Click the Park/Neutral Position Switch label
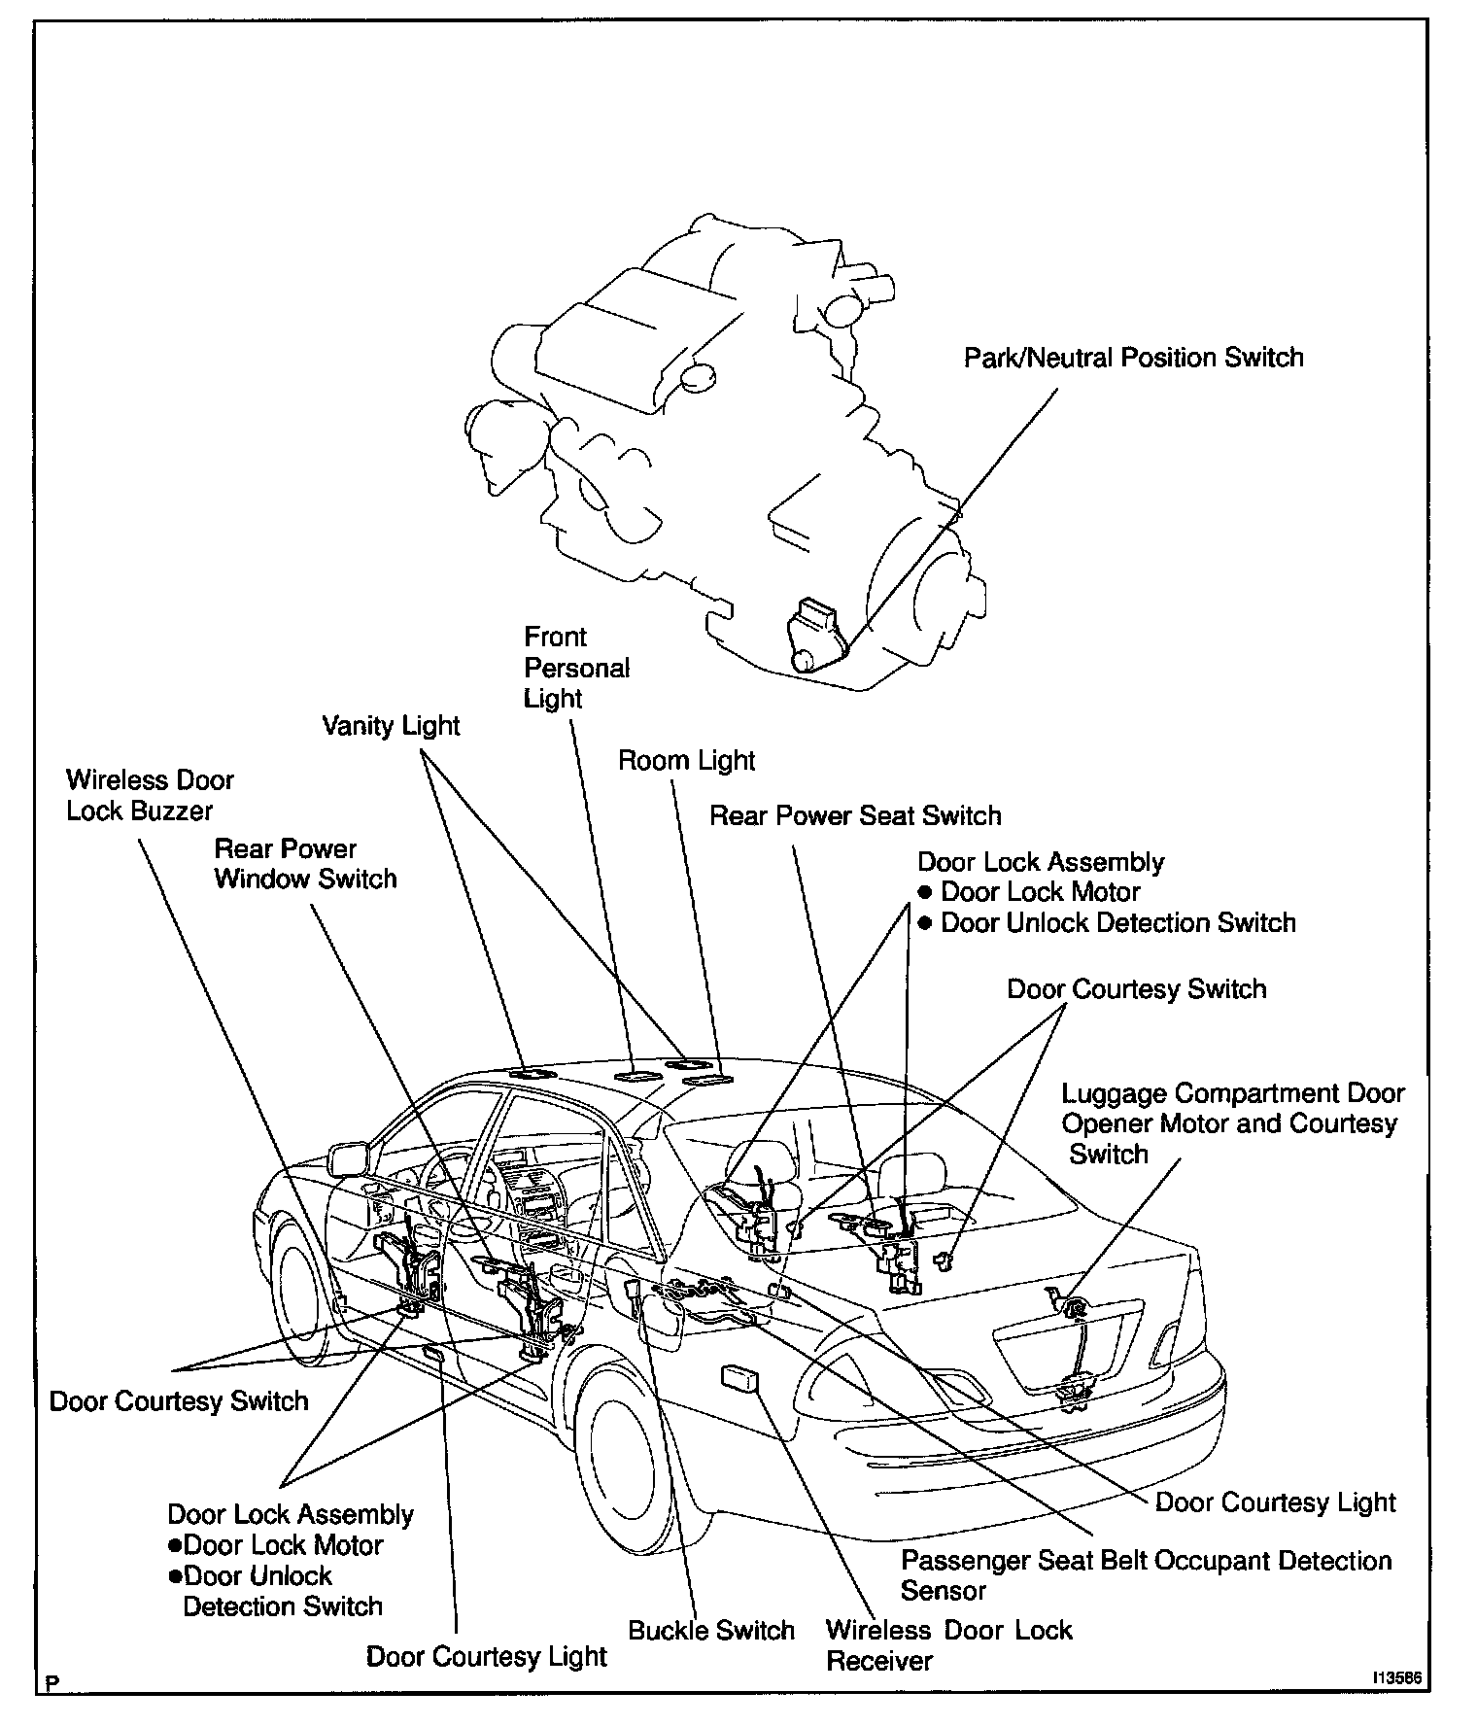coord(1133,358)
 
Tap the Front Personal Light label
coord(575,668)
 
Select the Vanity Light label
coord(391,726)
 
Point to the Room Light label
coord(686,761)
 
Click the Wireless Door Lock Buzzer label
coord(150,795)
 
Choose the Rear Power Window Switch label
coord(305,864)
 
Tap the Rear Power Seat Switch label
coord(855,815)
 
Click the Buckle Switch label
coord(711,1630)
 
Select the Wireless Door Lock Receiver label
coord(948,1644)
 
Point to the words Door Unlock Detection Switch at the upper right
coord(1117,922)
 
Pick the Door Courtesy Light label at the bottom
coord(486,1657)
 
